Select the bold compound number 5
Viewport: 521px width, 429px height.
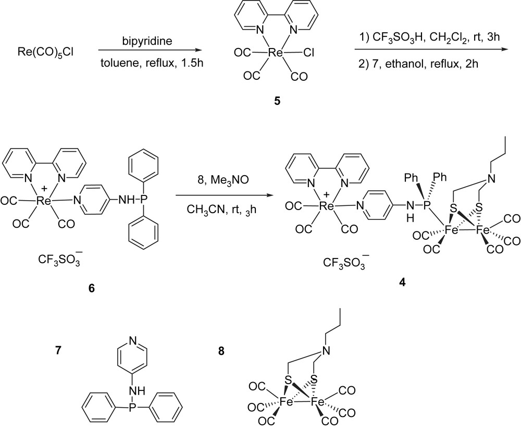[277, 99]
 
